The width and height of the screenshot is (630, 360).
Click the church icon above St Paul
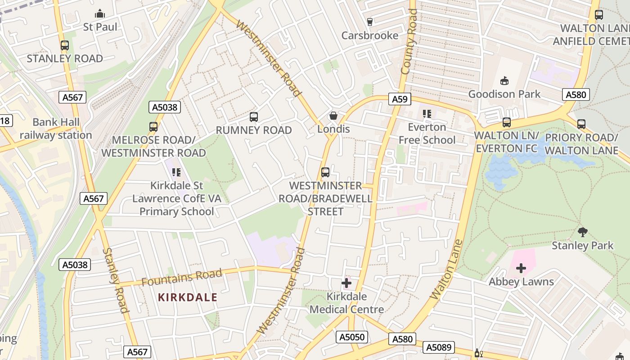100,14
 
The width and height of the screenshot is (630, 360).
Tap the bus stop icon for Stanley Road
65,45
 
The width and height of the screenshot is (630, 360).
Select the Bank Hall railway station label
55,129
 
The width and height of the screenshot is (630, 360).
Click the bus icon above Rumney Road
254,117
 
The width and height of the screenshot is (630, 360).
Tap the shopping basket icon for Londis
333,116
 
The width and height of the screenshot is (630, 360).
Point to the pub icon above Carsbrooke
370,22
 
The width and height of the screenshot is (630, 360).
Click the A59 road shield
399,99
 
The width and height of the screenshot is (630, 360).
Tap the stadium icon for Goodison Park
504,81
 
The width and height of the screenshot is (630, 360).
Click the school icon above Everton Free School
427,114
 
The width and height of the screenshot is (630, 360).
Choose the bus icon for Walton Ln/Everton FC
507,122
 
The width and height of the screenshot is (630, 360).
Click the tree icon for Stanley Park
582,232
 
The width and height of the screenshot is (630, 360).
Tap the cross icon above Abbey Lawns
521,269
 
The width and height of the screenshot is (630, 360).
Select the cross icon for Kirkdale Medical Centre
346,283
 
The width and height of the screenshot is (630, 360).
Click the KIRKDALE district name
188,297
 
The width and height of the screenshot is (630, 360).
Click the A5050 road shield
352,337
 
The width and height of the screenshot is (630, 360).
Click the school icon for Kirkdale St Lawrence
176,172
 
